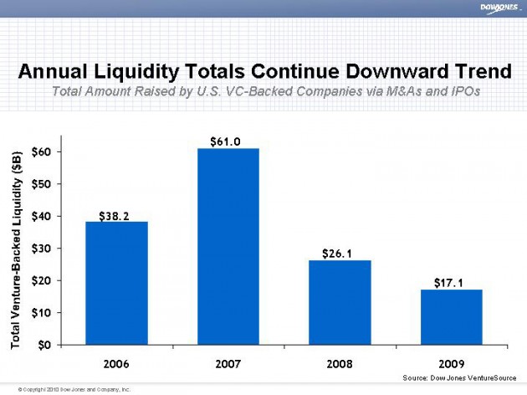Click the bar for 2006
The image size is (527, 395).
pyautogui.click(x=116, y=282)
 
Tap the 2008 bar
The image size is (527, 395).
pyautogui.click(x=340, y=301)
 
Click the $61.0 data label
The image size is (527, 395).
pyautogui.click(x=226, y=141)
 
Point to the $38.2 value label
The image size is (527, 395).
pyautogui.click(x=115, y=216)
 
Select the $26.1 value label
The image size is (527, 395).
pyautogui.click(x=338, y=253)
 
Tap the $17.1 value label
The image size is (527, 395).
pyautogui.click(x=449, y=284)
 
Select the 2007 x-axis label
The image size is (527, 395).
pyautogui.click(x=228, y=364)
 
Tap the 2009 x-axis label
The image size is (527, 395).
pyautogui.click(x=451, y=364)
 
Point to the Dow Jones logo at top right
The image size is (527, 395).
pyautogui.click(x=499, y=9)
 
